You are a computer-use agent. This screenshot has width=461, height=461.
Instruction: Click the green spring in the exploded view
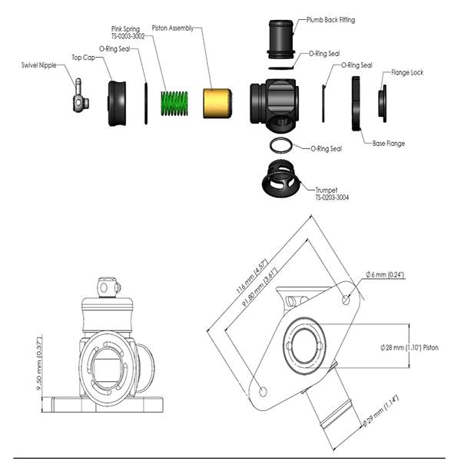(x=174, y=103)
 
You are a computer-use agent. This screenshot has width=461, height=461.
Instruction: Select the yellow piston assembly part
(x=217, y=103)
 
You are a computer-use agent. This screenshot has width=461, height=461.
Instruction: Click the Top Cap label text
(x=84, y=58)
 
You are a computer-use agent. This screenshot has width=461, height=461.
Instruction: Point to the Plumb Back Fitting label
(x=330, y=20)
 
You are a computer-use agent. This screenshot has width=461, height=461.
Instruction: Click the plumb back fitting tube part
(x=281, y=39)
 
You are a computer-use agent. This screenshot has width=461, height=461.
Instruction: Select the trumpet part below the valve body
(x=280, y=179)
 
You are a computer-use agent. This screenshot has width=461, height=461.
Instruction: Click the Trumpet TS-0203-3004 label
(x=332, y=194)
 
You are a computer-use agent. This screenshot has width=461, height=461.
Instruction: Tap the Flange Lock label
(x=407, y=72)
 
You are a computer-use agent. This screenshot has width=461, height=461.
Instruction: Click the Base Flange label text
(x=388, y=144)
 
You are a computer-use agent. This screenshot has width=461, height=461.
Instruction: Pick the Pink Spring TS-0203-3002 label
(x=128, y=32)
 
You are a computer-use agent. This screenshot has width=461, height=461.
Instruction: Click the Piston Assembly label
(x=173, y=28)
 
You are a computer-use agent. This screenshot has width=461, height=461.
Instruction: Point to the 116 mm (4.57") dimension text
(x=252, y=276)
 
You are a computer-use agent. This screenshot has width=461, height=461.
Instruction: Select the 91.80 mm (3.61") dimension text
(x=260, y=287)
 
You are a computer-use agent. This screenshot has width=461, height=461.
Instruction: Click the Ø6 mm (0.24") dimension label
(x=385, y=274)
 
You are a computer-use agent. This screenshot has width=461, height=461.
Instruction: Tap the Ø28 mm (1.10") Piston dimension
(x=410, y=347)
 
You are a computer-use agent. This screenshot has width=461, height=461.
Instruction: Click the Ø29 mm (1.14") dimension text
(x=380, y=411)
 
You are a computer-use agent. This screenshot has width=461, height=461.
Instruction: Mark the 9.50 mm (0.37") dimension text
(x=39, y=364)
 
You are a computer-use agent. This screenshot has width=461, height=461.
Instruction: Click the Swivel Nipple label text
(x=39, y=65)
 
